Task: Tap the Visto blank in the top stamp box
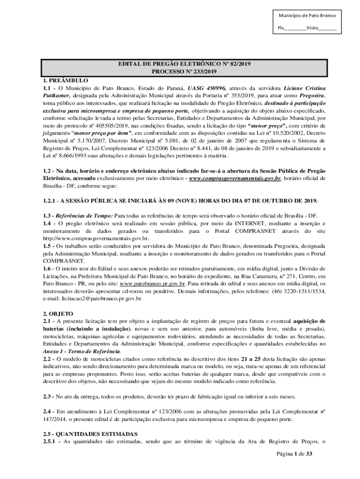(328, 28)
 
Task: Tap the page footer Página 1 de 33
(294, 454)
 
